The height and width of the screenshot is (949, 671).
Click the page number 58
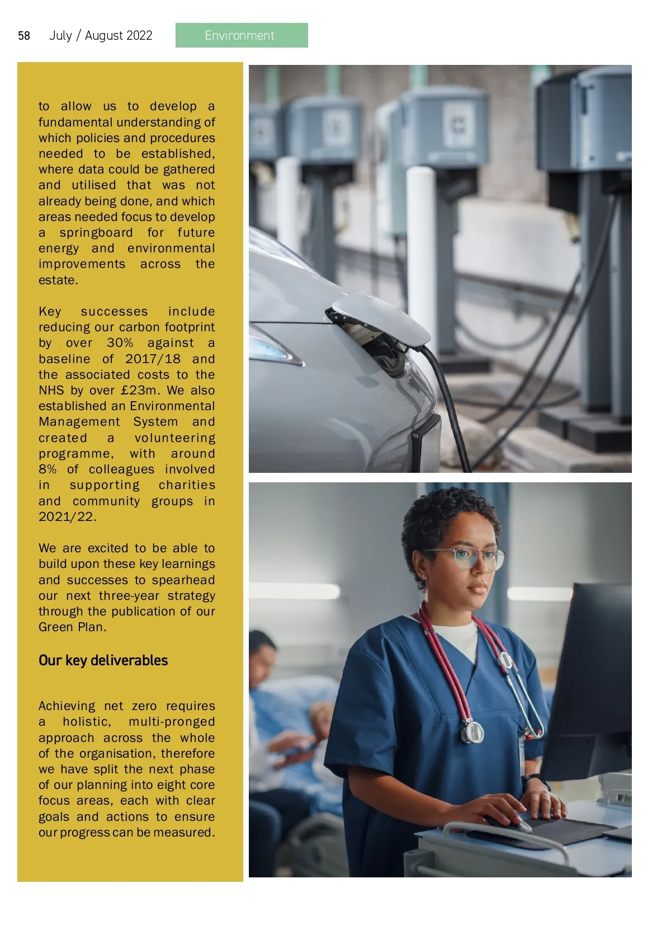pos(24,36)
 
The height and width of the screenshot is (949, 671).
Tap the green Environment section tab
pos(241,35)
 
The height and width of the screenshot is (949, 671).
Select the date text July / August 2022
pos(101,36)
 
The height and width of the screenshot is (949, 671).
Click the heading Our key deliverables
pos(103,661)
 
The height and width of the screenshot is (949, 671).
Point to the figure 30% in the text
pos(120,343)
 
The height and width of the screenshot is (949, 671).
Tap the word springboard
pos(96,233)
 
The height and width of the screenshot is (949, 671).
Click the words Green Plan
pos(72,627)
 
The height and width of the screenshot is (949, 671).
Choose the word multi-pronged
pos(171,722)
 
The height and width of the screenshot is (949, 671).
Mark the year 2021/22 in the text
pos(67,517)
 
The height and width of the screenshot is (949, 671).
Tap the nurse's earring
pos(423,576)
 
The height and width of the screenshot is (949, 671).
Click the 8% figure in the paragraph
pos(47,469)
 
